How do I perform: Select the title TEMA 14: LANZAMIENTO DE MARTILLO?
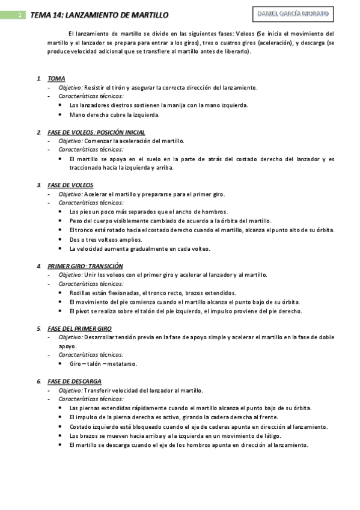[99, 15]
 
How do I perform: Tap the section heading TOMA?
[56, 79]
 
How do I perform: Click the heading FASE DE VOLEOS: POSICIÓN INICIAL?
[96, 132]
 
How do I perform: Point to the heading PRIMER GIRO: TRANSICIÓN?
[85, 266]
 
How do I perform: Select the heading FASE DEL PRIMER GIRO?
[79, 328]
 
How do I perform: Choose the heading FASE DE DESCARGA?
[75, 381]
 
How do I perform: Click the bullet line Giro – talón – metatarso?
[103, 364]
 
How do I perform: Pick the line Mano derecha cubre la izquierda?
[114, 114]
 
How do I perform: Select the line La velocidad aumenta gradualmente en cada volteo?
[140, 248]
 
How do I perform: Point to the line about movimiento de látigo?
[180, 435]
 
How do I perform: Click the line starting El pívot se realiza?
[186, 311]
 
